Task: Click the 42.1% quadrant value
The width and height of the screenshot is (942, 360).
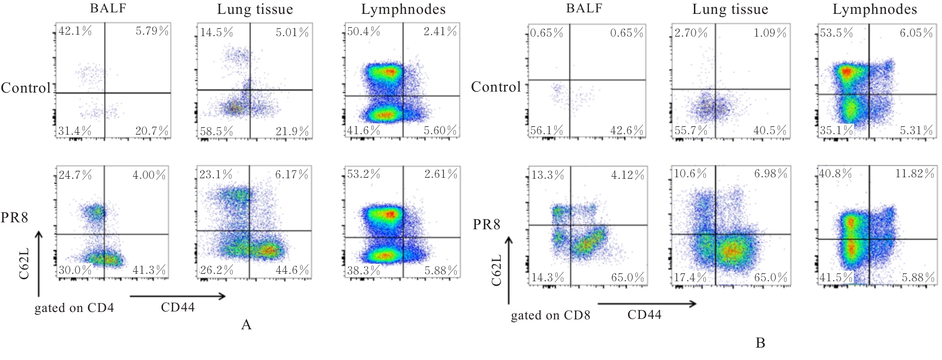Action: coord(75,31)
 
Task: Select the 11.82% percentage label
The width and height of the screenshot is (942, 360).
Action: coord(914,174)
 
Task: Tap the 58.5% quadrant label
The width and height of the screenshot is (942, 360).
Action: coord(216,131)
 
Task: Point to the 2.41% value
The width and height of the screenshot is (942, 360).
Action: coord(440,32)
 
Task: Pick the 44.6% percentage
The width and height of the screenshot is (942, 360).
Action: coord(292,270)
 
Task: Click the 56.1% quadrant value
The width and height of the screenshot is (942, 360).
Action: coord(546,131)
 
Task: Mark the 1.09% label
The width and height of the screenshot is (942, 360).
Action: coord(770,33)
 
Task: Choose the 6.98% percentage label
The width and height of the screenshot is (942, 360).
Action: coord(771,174)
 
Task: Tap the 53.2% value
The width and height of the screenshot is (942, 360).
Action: coord(364,174)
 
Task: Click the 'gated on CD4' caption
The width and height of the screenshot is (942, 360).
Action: coord(74,308)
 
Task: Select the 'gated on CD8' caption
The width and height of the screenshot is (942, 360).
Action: coord(550,315)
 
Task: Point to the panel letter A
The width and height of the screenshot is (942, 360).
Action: coord(246,325)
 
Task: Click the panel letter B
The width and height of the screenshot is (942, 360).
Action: coord(760,343)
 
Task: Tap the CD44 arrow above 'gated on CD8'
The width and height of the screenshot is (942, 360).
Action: coord(646,304)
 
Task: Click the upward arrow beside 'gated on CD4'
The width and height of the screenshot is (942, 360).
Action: coord(39,262)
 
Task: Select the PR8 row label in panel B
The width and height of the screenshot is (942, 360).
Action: coord(486,225)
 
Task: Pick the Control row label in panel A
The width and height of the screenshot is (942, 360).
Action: coord(26,88)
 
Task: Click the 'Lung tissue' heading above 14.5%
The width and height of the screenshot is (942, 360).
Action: coord(255,9)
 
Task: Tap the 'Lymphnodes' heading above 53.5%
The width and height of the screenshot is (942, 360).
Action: coord(875,9)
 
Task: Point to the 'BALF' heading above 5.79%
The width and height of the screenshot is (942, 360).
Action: coord(108,8)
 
